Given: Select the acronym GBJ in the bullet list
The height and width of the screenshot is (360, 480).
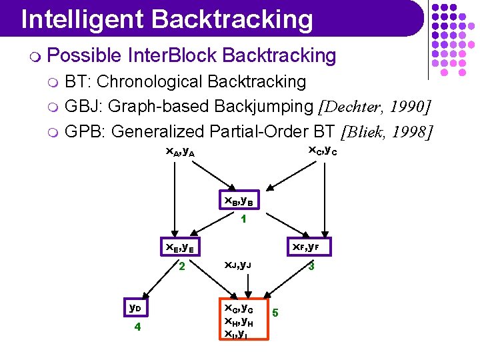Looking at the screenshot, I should click(x=83, y=107).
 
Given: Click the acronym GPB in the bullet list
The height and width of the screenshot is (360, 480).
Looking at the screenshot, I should click(x=83, y=132).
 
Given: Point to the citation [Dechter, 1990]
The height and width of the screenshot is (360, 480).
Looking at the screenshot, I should click(x=375, y=107).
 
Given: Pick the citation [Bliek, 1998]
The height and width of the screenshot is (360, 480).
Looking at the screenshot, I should click(x=387, y=132).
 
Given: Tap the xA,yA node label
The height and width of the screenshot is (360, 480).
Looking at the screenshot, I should click(x=180, y=153).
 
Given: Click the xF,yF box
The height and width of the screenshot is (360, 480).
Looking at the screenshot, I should click(x=305, y=248).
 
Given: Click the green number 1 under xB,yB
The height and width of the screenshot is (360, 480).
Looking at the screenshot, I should click(x=244, y=219).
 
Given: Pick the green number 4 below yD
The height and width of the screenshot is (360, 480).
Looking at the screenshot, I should click(x=137, y=328).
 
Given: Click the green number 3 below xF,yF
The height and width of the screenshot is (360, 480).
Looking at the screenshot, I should click(x=310, y=267).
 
